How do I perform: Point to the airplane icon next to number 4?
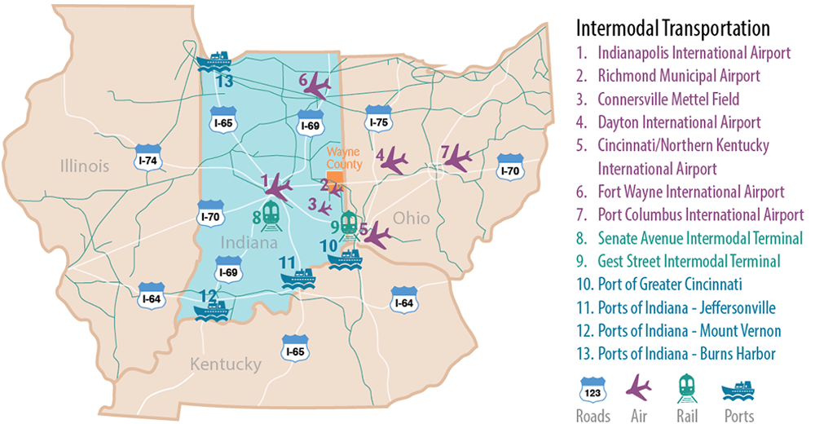pos(395,161)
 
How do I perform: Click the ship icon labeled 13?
pos(216,61)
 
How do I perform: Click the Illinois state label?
pos(83,166)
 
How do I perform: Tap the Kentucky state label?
pos(226,364)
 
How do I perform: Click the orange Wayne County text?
pos(344,157)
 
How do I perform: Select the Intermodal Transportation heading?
pos(673,29)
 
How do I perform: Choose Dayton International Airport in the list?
pos(679,122)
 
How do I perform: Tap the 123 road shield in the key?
pos(592,390)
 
